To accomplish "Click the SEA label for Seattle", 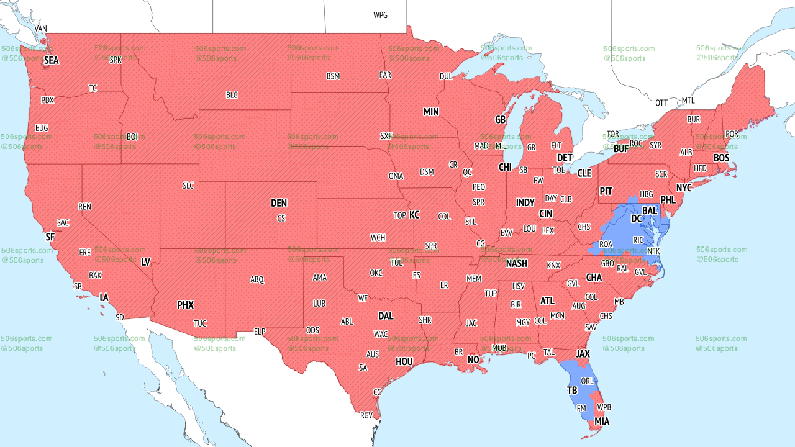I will pyautogui.click(x=51, y=61).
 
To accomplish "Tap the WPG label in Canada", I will pyautogui.click(x=380, y=15).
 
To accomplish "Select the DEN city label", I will pyautogui.click(x=279, y=203).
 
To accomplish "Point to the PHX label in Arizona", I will pyautogui.click(x=185, y=305).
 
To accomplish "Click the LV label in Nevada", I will pyautogui.click(x=146, y=262).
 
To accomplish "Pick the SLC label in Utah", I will pyautogui.click(x=188, y=186).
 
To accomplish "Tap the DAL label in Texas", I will pyautogui.click(x=386, y=316).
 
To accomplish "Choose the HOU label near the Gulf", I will pyautogui.click(x=404, y=361).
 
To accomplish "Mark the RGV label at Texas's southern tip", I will pyautogui.click(x=366, y=415).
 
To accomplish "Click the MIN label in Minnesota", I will pyautogui.click(x=431, y=112).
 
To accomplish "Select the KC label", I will pyautogui.click(x=414, y=215).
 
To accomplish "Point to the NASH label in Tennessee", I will pyautogui.click(x=516, y=263).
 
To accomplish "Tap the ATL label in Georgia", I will pyautogui.click(x=547, y=300).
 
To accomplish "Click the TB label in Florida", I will pyautogui.click(x=572, y=391).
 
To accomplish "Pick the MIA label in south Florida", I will pyautogui.click(x=602, y=422).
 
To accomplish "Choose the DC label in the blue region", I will pyautogui.click(x=637, y=219).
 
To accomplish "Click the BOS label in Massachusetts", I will pyautogui.click(x=721, y=158).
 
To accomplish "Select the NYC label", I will pyautogui.click(x=684, y=187).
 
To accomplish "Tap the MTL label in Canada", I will pyautogui.click(x=688, y=101).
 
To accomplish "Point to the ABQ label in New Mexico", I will pyautogui.click(x=257, y=279).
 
